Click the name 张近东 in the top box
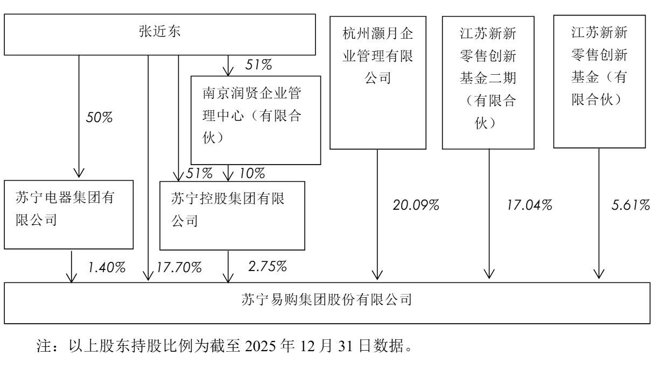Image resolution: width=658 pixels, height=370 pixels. coord(159,31)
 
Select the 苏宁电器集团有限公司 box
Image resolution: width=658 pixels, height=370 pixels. coord(69,215)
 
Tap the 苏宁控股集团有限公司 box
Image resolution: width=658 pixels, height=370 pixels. coord(232,216)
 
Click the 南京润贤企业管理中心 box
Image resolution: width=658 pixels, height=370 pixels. coord(256,120)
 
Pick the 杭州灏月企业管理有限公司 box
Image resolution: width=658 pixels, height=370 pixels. coord(378,83)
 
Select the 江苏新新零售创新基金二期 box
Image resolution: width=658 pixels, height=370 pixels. coord(488,83)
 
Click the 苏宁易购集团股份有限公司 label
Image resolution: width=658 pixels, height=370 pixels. coord(327,300)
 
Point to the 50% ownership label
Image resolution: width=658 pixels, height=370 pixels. coord(99,117)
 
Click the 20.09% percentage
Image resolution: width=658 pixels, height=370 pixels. coord(416,205)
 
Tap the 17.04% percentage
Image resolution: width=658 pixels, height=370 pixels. coord(530,205)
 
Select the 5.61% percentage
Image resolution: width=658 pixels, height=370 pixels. coord(631,205)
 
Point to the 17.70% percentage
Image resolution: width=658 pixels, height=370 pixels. coord(179,267)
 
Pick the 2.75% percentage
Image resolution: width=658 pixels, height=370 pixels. coord(267,266)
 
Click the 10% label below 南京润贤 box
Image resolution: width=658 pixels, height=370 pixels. coord(253,173)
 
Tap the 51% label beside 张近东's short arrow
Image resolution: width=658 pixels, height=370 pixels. coord(258,65)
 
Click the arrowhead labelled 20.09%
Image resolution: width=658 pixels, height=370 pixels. coord(377,275)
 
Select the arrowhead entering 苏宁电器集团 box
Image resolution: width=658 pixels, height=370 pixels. coord(79,173)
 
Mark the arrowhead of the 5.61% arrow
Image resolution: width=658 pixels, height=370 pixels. coord(599,274)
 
